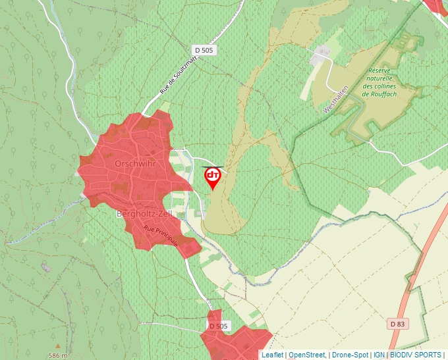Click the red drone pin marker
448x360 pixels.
[x=213, y=176]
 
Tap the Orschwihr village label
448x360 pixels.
[x=135, y=163]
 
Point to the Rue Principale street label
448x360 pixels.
[x=161, y=235]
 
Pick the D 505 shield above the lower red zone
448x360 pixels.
[x=218, y=326]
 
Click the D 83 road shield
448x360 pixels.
[x=397, y=324]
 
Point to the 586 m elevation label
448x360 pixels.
[x=58, y=355]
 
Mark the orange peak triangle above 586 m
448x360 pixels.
[x=57, y=346]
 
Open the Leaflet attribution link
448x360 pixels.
[x=272, y=355]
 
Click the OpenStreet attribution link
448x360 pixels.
[x=307, y=355]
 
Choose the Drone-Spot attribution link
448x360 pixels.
[x=350, y=355]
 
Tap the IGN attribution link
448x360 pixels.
[x=379, y=355]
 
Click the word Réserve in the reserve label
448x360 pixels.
[x=380, y=70]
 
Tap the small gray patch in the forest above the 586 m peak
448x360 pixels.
[x=45, y=267]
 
